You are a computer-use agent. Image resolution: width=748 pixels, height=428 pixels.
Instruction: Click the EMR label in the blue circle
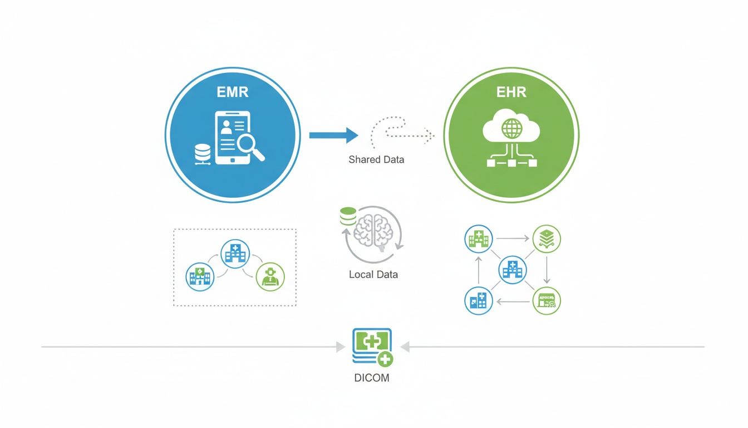(x=233, y=92)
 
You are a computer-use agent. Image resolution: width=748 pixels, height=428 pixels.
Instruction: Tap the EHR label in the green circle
(x=511, y=92)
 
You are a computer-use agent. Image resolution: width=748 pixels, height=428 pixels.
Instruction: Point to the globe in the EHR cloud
(x=511, y=129)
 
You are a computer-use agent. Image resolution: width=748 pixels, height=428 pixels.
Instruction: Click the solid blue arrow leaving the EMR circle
(x=333, y=135)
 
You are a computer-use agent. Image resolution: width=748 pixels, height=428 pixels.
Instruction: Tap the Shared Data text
(x=376, y=160)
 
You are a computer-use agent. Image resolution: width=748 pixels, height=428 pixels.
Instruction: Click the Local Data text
(x=373, y=275)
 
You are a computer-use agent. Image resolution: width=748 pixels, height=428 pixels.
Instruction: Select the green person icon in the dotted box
(x=270, y=276)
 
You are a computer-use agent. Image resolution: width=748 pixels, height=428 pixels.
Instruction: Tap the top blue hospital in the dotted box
(x=235, y=254)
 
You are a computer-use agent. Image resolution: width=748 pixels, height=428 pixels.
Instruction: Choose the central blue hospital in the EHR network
(x=512, y=270)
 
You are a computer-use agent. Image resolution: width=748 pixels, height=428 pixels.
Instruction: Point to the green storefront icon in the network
(x=547, y=301)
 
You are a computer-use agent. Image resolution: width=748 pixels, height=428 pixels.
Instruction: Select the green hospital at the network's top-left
(x=478, y=239)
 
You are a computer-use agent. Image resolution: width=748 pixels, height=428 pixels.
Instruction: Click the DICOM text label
(x=372, y=378)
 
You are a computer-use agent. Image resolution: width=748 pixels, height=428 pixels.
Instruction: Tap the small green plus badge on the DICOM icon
(x=385, y=359)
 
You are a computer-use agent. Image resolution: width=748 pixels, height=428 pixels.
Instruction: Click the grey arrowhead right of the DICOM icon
(x=405, y=347)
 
